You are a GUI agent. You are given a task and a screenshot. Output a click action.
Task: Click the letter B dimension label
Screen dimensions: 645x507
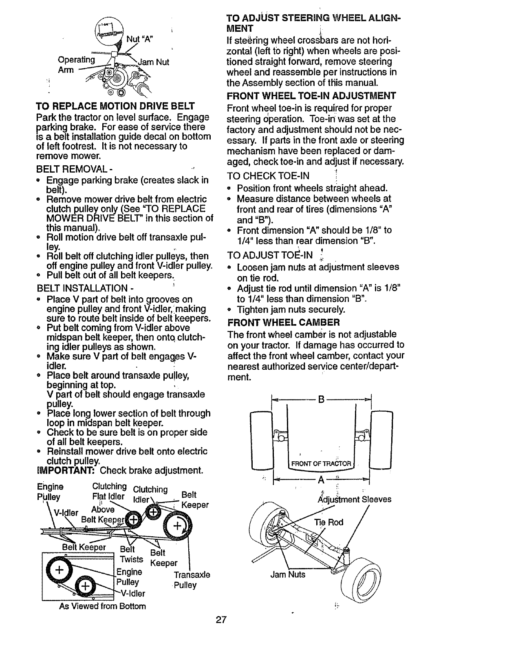(321, 400)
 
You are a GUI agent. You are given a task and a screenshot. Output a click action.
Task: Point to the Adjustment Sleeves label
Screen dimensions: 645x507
(354, 499)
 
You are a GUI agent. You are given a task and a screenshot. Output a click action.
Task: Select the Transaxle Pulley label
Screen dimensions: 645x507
(191, 580)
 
